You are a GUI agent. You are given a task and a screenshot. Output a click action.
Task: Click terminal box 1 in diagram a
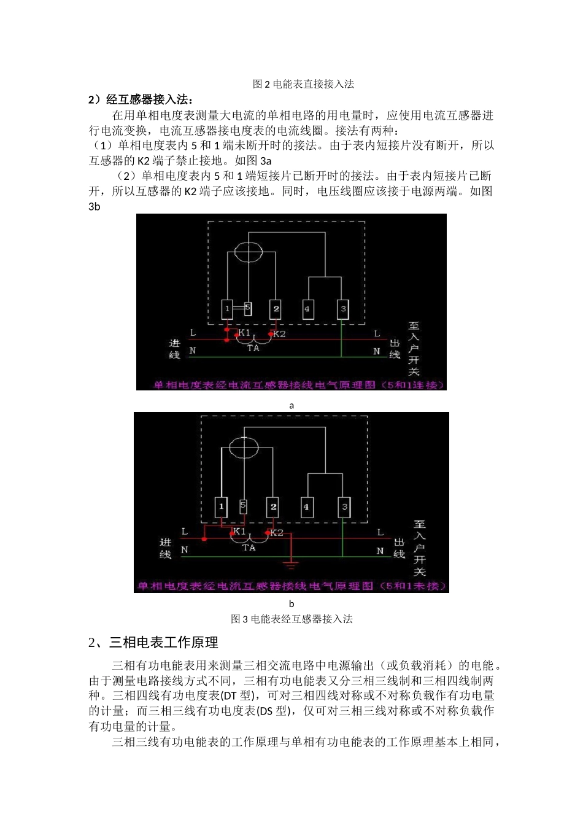click(227, 309)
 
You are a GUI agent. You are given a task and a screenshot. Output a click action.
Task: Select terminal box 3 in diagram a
click(343, 309)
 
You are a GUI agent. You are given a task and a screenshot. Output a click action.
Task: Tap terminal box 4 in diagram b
click(306, 507)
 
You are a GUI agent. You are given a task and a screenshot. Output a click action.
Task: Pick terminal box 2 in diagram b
click(273, 507)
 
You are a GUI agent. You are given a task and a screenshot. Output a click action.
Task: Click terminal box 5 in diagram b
click(243, 506)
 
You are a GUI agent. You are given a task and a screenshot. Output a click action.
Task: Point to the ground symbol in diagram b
click(291, 562)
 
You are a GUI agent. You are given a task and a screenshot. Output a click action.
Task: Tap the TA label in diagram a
click(253, 348)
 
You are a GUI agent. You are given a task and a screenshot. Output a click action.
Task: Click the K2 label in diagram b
click(277, 532)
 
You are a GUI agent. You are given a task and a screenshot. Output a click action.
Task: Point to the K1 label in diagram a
click(244, 333)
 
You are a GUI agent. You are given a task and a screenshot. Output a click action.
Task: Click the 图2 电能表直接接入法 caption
click(303, 84)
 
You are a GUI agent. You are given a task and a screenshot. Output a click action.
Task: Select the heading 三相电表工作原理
click(163, 643)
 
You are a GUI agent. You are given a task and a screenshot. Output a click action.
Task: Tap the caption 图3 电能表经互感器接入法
click(291, 619)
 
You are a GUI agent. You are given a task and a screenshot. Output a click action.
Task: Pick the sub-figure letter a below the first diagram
click(291, 405)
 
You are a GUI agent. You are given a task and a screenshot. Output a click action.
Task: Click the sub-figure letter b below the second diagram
click(291, 603)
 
